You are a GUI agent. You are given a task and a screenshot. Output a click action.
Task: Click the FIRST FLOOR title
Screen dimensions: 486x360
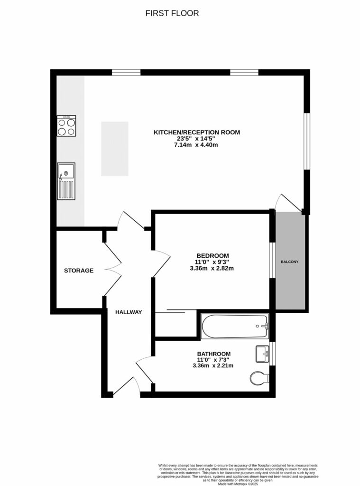(172, 13)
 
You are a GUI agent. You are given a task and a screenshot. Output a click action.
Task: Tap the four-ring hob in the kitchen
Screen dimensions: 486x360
(66, 126)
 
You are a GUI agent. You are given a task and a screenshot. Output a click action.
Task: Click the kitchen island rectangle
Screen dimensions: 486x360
(114, 149)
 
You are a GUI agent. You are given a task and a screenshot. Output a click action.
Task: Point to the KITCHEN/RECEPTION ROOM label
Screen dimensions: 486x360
(196, 132)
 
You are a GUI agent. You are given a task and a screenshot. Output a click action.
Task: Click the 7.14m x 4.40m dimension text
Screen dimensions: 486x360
(196, 145)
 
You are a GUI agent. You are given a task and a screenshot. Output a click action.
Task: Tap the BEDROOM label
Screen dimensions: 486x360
(212, 255)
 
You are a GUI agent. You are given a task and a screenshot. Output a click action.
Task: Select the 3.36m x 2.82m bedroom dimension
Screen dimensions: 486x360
(212, 268)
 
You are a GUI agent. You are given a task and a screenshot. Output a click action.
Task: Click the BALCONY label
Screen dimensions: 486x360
(290, 262)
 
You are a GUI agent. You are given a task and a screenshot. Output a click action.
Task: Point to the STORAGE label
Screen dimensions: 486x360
(79, 271)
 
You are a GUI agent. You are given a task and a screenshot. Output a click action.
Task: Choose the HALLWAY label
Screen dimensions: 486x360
(129, 312)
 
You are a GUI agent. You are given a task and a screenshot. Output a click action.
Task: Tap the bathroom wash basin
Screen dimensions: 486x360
(262, 354)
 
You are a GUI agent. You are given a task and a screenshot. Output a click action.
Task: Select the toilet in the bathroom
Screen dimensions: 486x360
(259, 379)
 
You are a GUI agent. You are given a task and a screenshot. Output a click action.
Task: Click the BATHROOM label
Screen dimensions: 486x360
(214, 354)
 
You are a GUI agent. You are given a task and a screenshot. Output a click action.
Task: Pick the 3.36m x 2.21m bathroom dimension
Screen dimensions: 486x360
(212, 365)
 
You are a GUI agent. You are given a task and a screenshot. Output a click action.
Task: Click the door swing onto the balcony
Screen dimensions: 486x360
(289, 202)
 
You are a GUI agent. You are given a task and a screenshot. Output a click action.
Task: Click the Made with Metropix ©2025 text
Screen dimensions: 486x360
(238, 484)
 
